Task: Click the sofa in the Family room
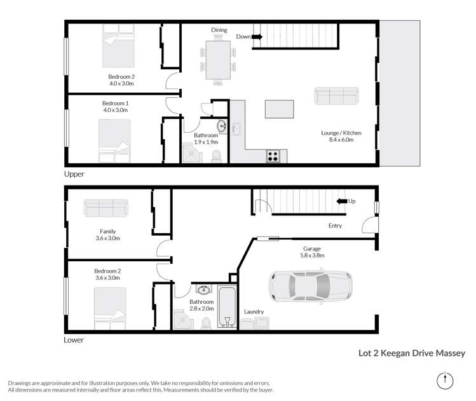pyautogui.click(x=106, y=207)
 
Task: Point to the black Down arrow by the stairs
pyautogui.click(x=257, y=37)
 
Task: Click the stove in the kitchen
pyautogui.click(x=273, y=156)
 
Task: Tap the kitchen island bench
pyautogui.click(x=279, y=109)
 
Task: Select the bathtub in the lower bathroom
pyautogui.click(x=227, y=308)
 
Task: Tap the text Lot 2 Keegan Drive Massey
pyautogui.click(x=409, y=353)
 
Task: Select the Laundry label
pyautogui.click(x=254, y=311)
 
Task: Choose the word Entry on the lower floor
pyautogui.click(x=335, y=226)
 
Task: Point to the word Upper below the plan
pyautogui.click(x=74, y=173)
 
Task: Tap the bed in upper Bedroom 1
pyautogui.click(x=114, y=141)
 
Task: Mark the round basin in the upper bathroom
pyautogui.click(x=221, y=125)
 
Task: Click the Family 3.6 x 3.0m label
pyautogui.click(x=107, y=235)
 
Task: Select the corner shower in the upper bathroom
pyautogui.click(x=189, y=152)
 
